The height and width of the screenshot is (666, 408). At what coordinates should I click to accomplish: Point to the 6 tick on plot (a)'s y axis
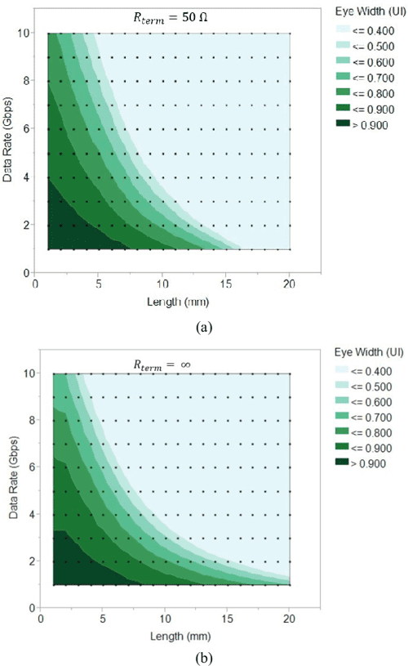click(26, 129)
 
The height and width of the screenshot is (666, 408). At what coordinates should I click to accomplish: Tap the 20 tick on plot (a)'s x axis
click(290, 284)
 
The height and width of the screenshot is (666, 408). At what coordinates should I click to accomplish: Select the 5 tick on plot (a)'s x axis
click(99, 284)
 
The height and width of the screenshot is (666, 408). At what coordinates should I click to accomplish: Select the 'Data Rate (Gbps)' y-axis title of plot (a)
click(10, 151)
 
